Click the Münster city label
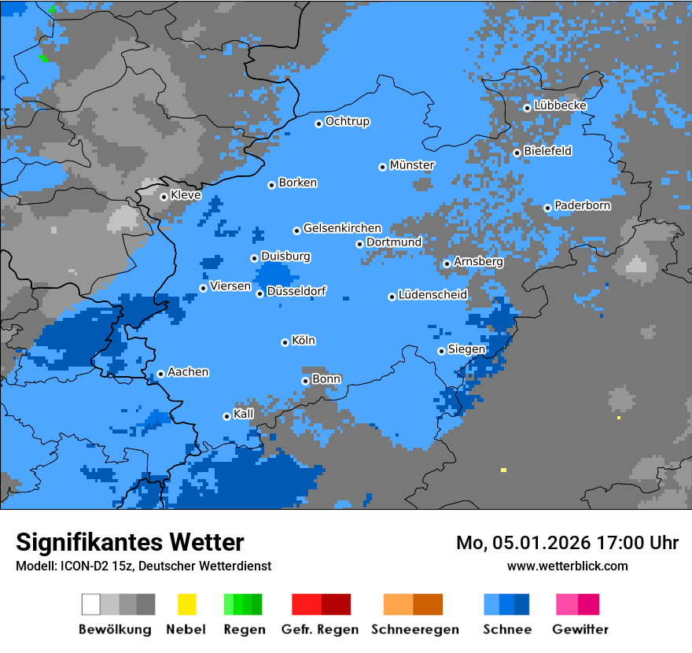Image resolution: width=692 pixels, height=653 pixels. point(412,165)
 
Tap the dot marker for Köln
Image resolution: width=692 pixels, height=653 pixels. point(285,342)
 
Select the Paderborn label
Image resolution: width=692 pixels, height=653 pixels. point(583,205)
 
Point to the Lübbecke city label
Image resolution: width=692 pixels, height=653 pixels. point(561,105)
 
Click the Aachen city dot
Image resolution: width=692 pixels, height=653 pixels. point(160,374)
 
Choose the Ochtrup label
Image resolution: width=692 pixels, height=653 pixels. point(348,122)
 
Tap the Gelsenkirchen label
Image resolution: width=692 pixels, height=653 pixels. point(342,228)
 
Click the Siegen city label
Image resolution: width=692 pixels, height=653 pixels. point(466,349)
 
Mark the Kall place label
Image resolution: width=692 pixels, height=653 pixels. point(244,414)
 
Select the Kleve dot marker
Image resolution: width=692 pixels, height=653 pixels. point(164,197)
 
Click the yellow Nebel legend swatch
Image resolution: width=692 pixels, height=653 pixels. point(186,604)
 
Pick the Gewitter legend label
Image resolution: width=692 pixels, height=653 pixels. point(580,629)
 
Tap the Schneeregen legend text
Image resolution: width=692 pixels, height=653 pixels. point(414,629)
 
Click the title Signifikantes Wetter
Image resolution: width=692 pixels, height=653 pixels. point(130,542)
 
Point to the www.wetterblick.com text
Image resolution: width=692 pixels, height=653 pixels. point(567,566)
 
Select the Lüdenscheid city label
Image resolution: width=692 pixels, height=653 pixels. point(432,295)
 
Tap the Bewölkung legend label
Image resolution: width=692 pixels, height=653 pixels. point(115,629)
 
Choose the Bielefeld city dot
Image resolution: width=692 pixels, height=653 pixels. point(517,153)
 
